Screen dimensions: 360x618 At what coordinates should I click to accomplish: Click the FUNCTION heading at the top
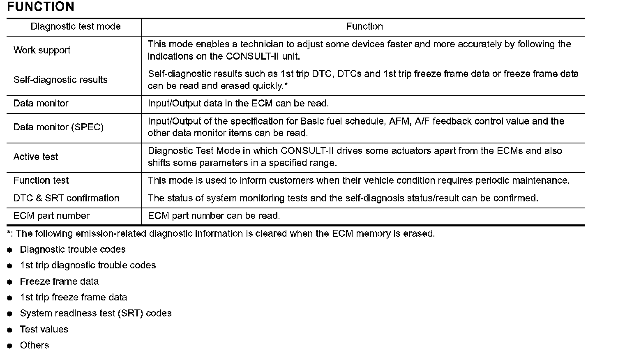(41, 7)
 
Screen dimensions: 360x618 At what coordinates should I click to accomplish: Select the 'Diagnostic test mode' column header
(76, 27)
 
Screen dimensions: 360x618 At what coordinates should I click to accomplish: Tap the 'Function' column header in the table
(364, 27)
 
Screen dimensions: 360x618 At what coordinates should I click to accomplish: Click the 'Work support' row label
(42, 51)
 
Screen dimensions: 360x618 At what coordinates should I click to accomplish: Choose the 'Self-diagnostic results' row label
(60, 80)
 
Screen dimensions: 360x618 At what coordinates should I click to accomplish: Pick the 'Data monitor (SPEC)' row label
(58, 127)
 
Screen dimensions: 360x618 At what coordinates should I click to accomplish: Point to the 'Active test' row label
(36, 157)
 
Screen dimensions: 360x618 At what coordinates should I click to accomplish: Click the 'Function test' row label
(41, 180)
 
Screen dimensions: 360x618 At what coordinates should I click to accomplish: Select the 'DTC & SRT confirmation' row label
(66, 198)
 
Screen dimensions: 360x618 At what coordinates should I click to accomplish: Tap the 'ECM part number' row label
(51, 216)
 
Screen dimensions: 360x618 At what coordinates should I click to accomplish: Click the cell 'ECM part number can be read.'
(214, 216)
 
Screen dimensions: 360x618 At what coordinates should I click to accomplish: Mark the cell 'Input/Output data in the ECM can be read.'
(238, 104)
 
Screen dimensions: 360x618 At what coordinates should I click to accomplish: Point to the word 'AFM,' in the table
(401, 122)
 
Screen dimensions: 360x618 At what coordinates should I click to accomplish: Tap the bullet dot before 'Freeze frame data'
(10, 282)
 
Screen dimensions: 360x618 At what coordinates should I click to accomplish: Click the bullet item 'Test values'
(44, 330)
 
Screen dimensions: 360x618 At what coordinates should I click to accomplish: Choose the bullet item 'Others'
(35, 346)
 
